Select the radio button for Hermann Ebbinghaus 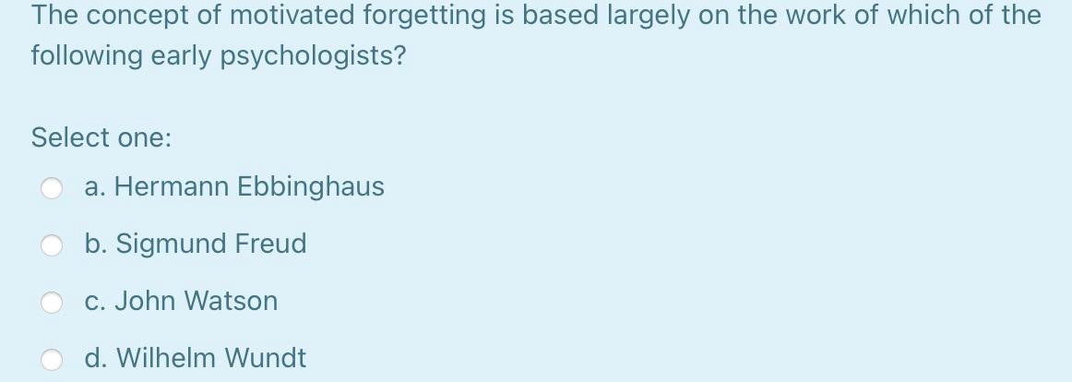click(52, 189)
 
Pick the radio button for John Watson click(52, 303)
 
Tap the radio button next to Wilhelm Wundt click(52, 360)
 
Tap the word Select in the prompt click(69, 137)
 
